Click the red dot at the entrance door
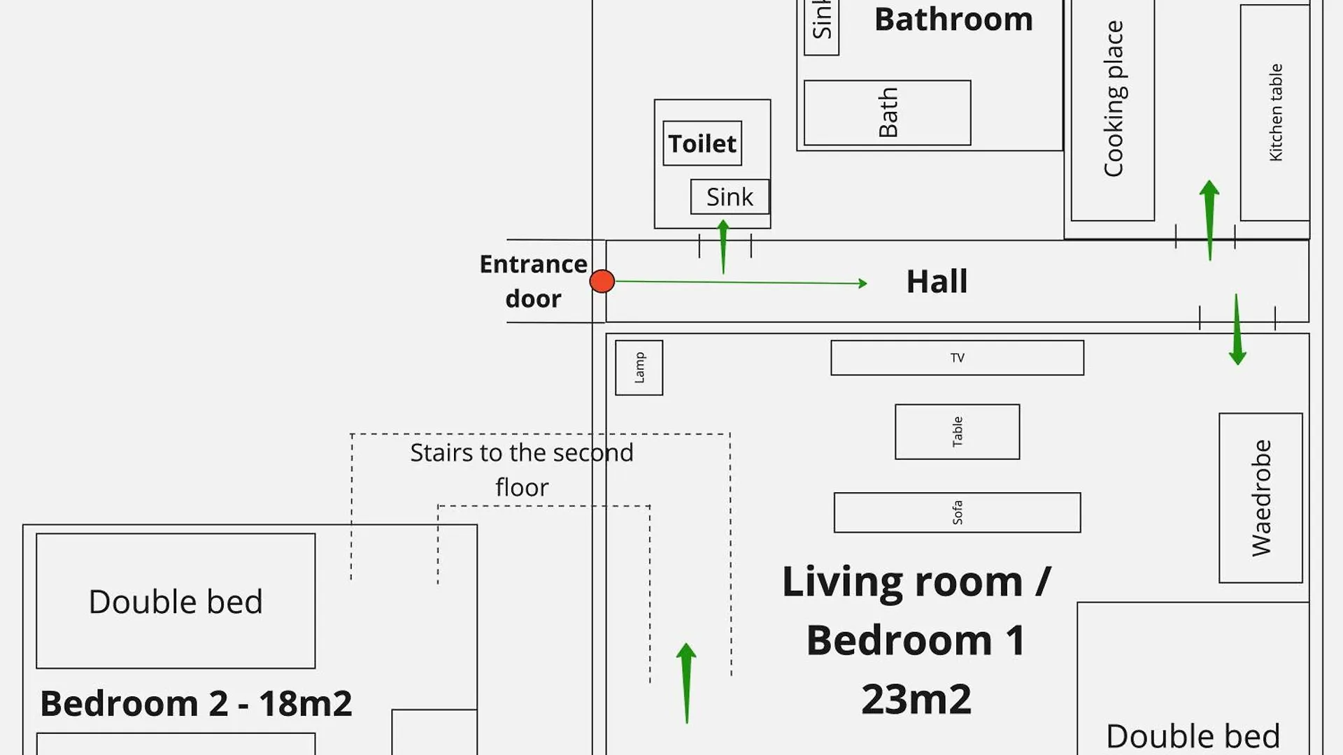click(602, 281)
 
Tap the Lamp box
click(639, 368)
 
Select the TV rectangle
click(957, 358)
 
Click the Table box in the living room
click(957, 431)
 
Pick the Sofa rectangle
click(957, 512)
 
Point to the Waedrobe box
click(1260, 498)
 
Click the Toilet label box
click(702, 143)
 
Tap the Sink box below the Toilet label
click(730, 197)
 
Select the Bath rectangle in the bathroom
click(887, 113)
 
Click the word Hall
click(937, 282)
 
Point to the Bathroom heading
click(953, 20)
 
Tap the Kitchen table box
click(1274, 112)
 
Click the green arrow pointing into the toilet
click(723, 247)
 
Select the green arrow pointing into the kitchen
click(1209, 220)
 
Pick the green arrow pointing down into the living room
click(1237, 329)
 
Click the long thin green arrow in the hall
click(741, 282)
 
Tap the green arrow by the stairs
click(686, 683)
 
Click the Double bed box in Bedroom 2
click(176, 601)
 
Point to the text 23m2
click(916, 699)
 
